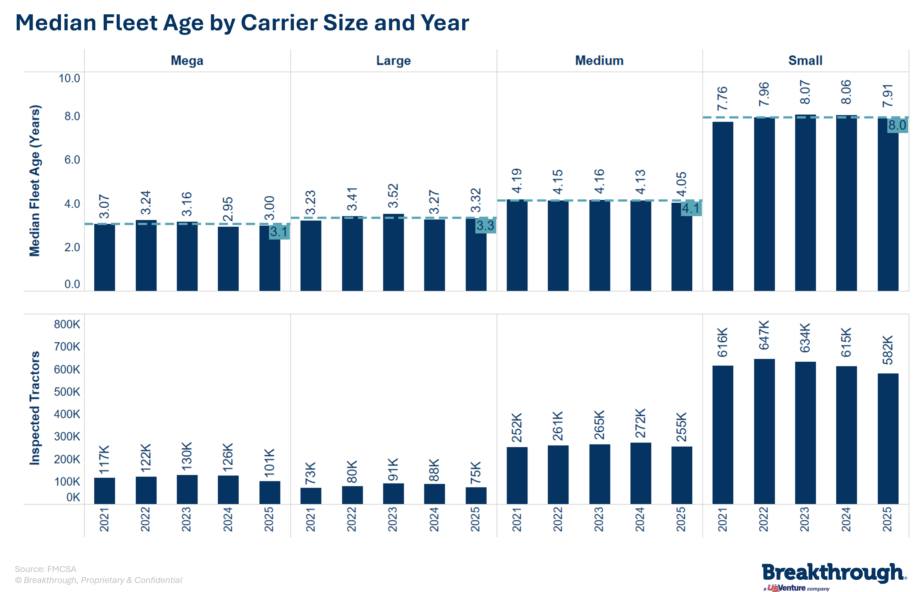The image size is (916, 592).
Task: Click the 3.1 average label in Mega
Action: click(x=279, y=231)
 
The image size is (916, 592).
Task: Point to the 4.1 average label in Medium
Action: click(x=691, y=208)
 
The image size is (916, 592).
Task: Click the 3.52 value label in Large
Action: click(x=393, y=196)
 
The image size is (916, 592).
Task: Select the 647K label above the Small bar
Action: click(x=764, y=335)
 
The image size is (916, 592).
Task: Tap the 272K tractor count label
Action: click(x=640, y=423)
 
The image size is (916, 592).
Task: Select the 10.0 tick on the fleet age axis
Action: click(x=69, y=79)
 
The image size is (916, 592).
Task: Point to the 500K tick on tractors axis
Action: click(x=67, y=392)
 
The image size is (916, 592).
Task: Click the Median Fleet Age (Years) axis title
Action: click(x=35, y=180)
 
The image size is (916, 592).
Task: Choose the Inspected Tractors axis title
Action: click(x=35, y=408)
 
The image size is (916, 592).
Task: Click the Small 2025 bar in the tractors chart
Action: click(x=888, y=438)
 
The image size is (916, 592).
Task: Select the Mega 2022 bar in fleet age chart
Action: click(x=146, y=255)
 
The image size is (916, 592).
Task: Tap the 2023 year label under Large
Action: click(x=393, y=519)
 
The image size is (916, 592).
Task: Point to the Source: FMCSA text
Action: click(x=45, y=569)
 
